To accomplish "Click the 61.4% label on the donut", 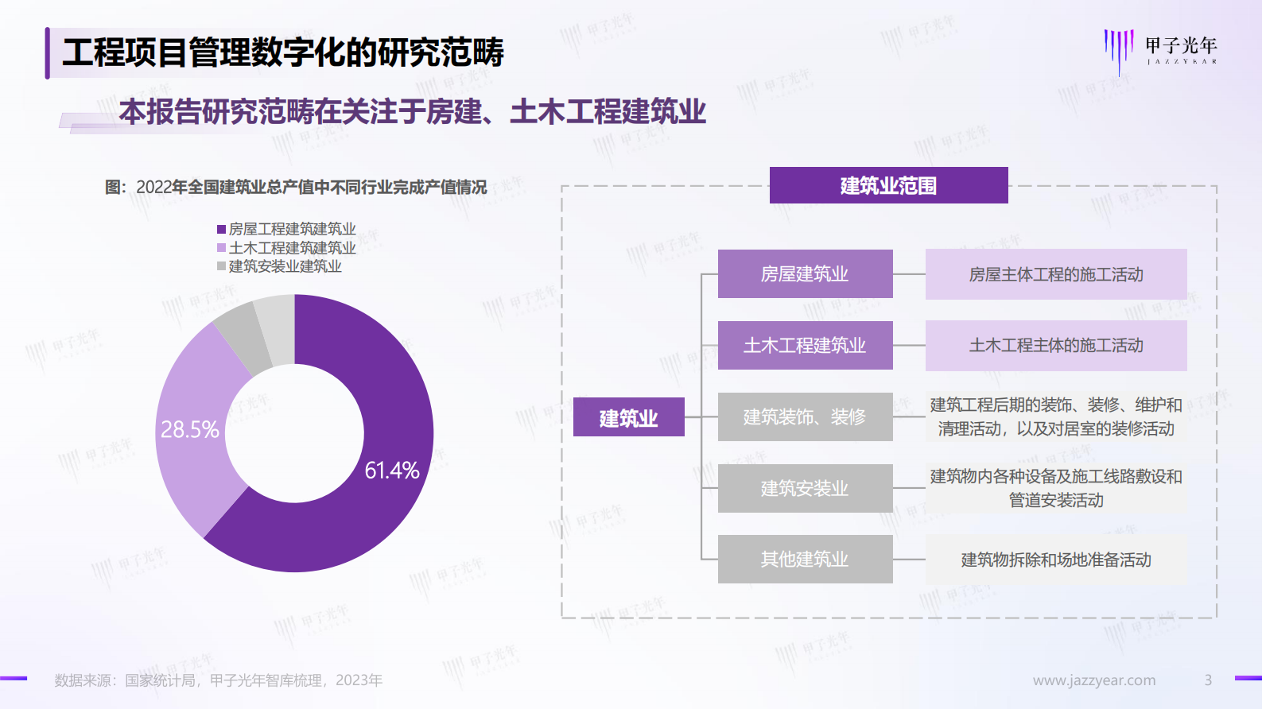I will click(x=391, y=471).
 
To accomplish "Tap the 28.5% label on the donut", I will click(x=189, y=430).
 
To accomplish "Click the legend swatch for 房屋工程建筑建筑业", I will click(x=221, y=229).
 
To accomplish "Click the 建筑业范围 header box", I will click(x=888, y=185).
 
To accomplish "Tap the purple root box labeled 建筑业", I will click(x=628, y=417).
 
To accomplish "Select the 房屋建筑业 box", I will click(x=805, y=274).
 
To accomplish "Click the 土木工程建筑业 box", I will click(x=805, y=345).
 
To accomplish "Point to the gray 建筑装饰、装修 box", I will click(x=805, y=416).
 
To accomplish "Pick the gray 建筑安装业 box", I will click(x=805, y=488).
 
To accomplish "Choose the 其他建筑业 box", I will click(x=805, y=559).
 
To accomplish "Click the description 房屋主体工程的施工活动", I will click(x=1055, y=274).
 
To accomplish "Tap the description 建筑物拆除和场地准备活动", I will click(x=1055, y=560).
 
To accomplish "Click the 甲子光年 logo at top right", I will click(x=1160, y=49).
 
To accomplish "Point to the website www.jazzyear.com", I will click(x=1093, y=680).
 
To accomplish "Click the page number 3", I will click(x=1208, y=680).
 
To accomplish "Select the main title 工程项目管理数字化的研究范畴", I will click(x=283, y=52).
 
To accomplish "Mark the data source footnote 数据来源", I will click(x=218, y=680).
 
